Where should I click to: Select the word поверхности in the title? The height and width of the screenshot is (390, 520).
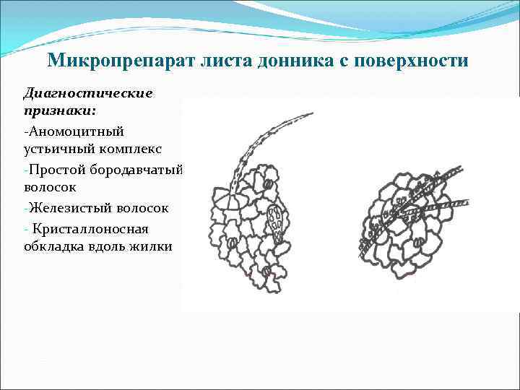pyautogui.click(x=406, y=60)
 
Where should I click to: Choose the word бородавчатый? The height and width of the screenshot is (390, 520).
pyautogui.click(x=136, y=169)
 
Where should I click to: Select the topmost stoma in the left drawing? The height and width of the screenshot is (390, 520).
pyautogui.click(x=268, y=185)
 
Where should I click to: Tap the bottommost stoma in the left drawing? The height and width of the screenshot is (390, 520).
pyautogui.click(x=265, y=270)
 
